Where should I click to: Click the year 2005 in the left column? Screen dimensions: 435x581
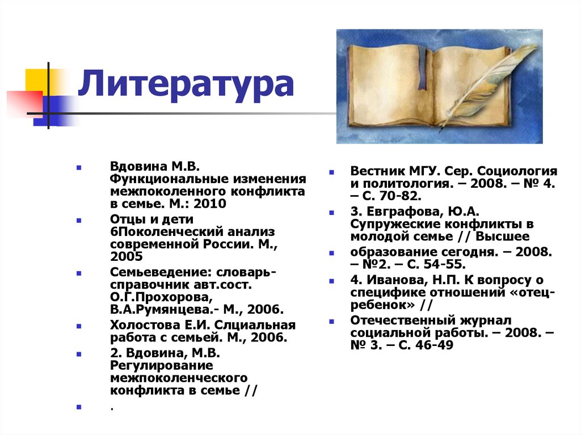click(x=124, y=257)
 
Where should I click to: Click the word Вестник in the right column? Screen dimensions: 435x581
click(x=377, y=171)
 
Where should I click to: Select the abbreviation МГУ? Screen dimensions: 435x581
click(x=424, y=171)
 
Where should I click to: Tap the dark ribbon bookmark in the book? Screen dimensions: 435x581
click(x=422, y=71)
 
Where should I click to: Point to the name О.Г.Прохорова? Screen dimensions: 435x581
click(x=153, y=297)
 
